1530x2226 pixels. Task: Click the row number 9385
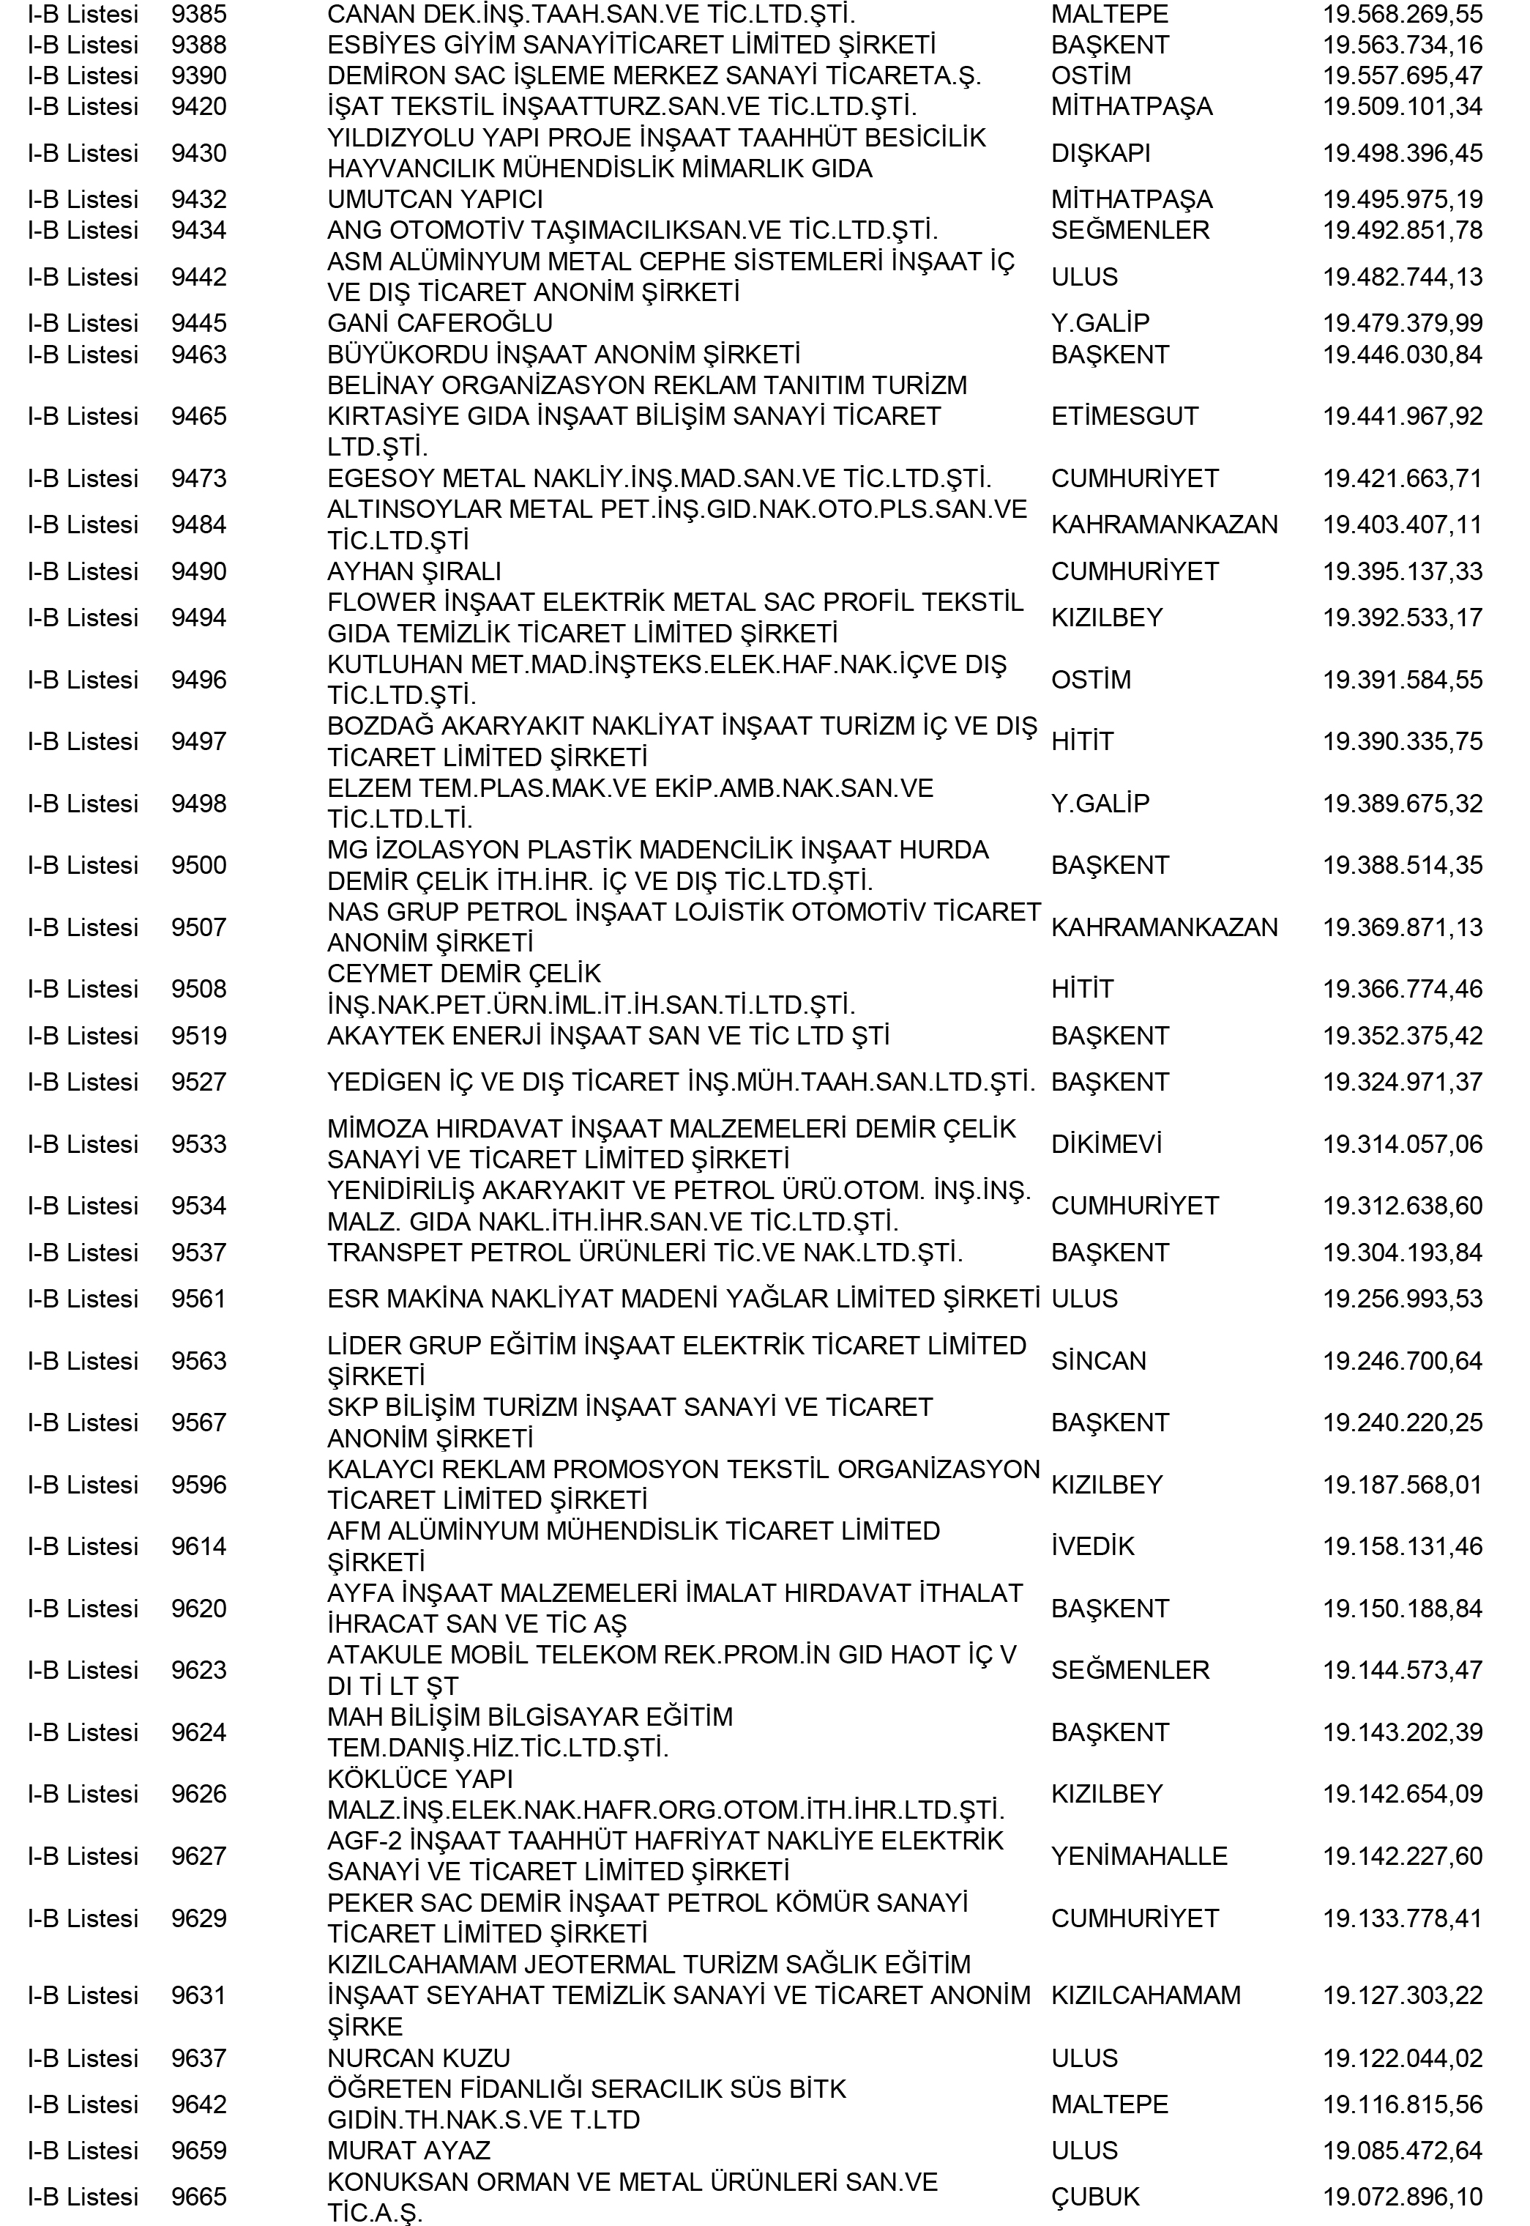point(198,15)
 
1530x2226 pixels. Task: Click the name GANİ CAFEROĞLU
point(439,323)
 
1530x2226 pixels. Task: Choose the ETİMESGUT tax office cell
point(1124,416)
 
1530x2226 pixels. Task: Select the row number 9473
point(198,478)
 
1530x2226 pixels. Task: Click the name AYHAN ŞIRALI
point(414,571)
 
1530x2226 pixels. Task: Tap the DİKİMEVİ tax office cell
point(1106,1144)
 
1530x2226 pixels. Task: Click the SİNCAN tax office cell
point(1099,1361)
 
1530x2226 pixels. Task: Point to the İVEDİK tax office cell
point(1093,1546)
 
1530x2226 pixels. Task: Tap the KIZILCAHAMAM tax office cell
point(1146,1996)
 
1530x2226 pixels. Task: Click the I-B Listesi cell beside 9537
point(83,1253)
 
